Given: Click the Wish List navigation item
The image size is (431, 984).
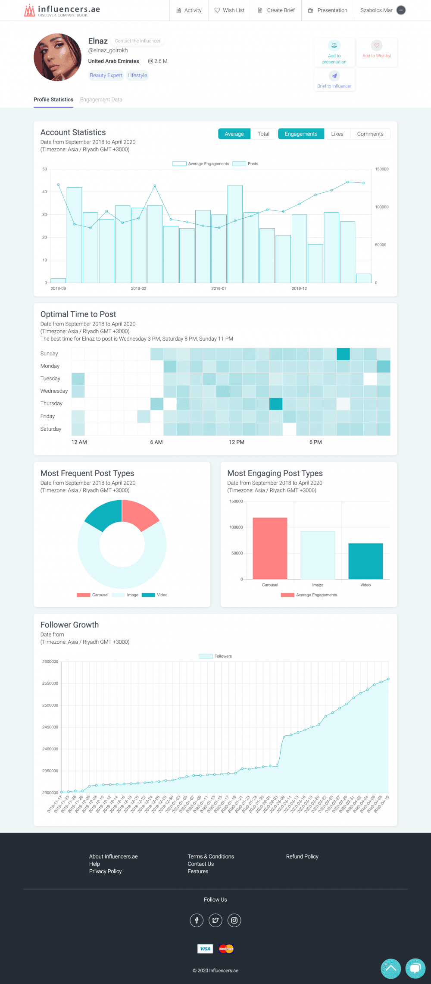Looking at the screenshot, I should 229,10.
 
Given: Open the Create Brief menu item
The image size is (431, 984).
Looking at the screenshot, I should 276,10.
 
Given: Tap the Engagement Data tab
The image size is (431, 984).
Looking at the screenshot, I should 101,100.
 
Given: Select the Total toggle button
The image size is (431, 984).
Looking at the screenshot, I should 263,134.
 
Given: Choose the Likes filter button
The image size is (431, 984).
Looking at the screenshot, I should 337,134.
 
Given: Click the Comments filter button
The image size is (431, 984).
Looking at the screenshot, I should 370,134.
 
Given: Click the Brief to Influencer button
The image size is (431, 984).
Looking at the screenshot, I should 334,80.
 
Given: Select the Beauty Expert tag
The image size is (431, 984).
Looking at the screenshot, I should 106,75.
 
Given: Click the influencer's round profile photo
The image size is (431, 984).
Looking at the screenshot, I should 57,57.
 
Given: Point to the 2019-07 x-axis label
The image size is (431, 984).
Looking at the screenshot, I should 219,288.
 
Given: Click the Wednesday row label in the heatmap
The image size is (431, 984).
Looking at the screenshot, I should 54,391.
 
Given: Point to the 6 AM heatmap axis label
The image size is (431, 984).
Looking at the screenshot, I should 156,442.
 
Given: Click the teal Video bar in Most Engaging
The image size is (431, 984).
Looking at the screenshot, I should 365,561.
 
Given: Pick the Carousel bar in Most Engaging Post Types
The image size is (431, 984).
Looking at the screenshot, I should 270,548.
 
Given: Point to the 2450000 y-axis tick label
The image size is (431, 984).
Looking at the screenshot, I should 50,727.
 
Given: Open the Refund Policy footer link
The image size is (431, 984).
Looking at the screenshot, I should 302,856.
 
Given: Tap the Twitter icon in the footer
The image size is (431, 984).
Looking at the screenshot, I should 215,921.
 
